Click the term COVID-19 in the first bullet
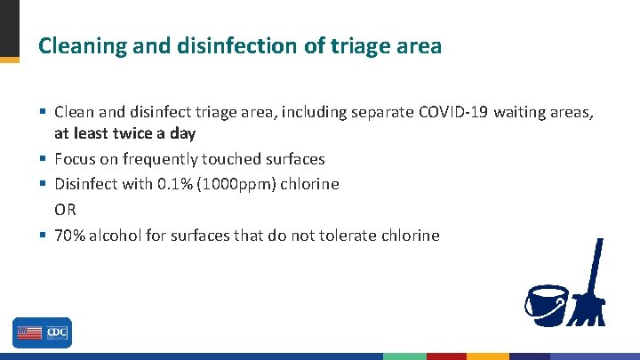(452, 112)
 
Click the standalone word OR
(66, 210)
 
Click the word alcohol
(118, 235)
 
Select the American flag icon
(28, 333)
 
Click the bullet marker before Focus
(43, 159)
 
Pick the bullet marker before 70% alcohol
(43, 235)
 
